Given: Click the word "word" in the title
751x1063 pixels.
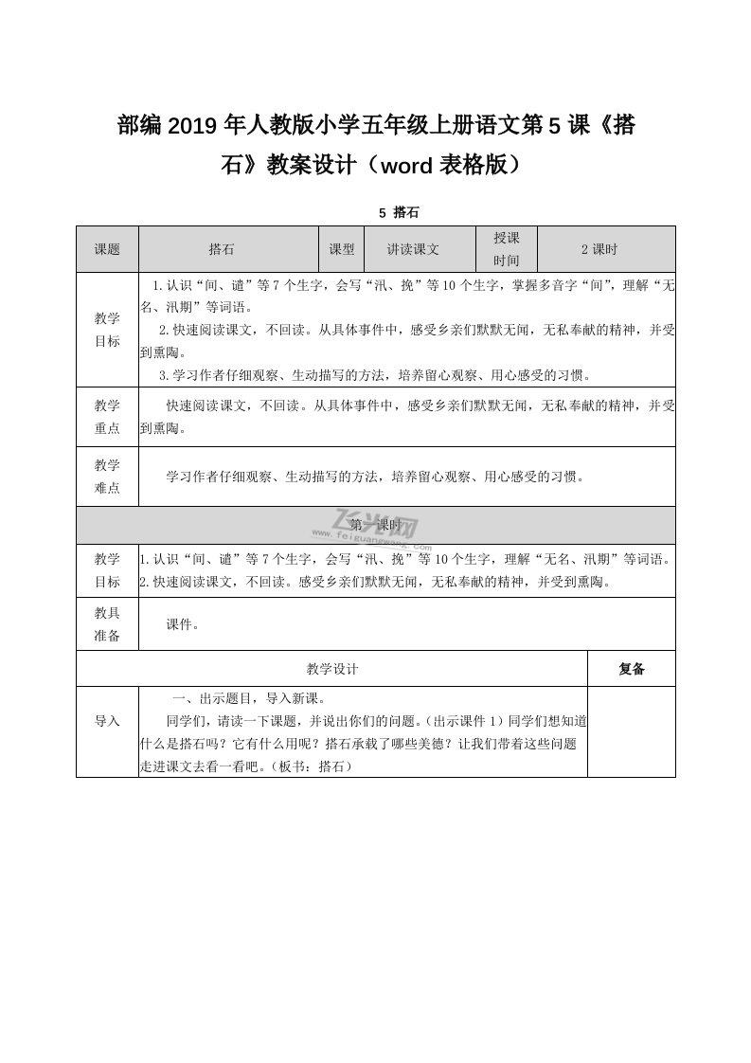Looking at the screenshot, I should click(x=401, y=165).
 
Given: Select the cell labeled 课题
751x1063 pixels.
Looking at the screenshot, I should click(x=107, y=249).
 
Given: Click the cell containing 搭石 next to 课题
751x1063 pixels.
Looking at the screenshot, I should click(x=222, y=249).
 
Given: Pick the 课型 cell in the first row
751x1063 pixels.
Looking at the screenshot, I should click(x=341, y=249).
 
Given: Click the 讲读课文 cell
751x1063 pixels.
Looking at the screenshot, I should click(x=413, y=249).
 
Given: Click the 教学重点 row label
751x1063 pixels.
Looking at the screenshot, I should click(x=107, y=417).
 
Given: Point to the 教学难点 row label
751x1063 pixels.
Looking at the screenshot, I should click(x=107, y=477).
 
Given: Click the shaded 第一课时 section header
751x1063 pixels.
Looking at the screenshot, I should click(x=375, y=524).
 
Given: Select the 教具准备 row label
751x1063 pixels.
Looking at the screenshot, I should click(x=107, y=624).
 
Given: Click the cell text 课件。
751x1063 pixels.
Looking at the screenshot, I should click(x=183, y=624).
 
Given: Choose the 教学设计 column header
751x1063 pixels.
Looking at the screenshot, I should click(x=331, y=669).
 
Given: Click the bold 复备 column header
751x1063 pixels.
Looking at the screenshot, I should click(x=631, y=669).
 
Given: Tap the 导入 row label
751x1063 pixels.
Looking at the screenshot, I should click(x=107, y=721).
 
